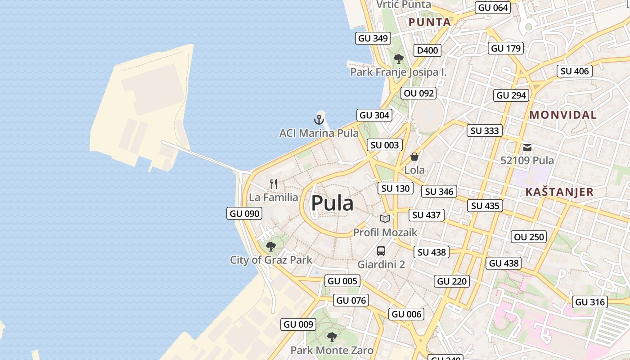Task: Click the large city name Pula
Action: pyautogui.click(x=332, y=203)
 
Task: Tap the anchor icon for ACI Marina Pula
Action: pyautogui.click(x=319, y=120)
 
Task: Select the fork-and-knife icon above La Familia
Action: pyautogui.click(x=274, y=184)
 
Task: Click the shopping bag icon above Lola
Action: pyautogui.click(x=414, y=157)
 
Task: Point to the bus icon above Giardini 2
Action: pyautogui.click(x=381, y=251)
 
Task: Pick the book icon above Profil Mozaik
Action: pyautogui.click(x=385, y=219)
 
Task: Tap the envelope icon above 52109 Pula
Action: pyautogui.click(x=527, y=147)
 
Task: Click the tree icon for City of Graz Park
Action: pyautogui.click(x=271, y=247)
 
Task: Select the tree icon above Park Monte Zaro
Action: pyautogui.click(x=332, y=337)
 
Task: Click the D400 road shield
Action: pyautogui.click(x=427, y=50)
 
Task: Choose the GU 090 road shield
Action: pyautogui.click(x=245, y=213)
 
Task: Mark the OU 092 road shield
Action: pyautogui.click(x=419, y=93)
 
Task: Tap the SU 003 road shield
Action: pyautogui.click(x=385, y=145)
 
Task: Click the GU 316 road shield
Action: pyautogui.click(x=590, y=302)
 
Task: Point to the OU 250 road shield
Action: pyautogui.click(x=529, y=237)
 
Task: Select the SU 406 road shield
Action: pyautogui.click(x=575, y=71)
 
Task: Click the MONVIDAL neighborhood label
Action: pyautogui.click(x=563, y=115)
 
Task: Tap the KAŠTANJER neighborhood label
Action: pyautogui.click(x=559, y=192)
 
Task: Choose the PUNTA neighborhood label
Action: pyautogui.click(x=429, y=22)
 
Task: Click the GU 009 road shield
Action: pyautogui.click(x=298, y=324)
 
